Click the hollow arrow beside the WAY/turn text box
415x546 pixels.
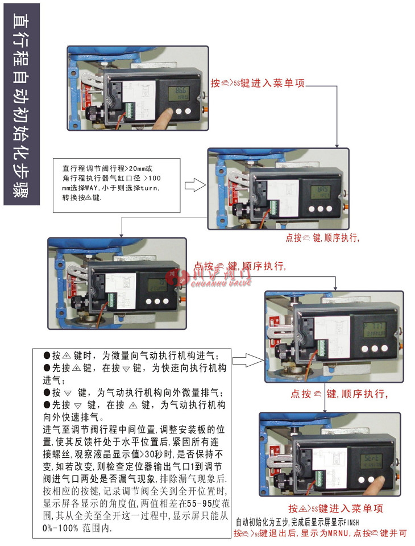195,184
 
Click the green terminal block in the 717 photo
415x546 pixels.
322,348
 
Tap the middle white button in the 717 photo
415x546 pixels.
375,349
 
